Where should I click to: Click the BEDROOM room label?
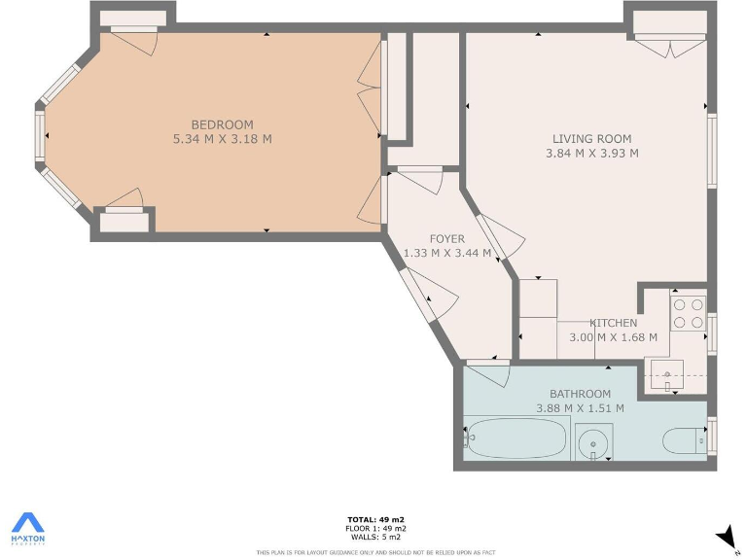point(222,124)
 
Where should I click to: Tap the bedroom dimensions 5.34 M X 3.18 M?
point(222,139)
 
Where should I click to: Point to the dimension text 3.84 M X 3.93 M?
point(591,153)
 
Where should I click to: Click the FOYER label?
point(447,239)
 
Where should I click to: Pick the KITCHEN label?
point(613,323)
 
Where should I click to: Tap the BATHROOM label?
point(580,394)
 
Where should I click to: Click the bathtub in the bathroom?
point(514,439)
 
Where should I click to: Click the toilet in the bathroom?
point(687,440)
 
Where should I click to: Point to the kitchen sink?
point(667,373)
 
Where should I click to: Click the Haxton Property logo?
point(27,528)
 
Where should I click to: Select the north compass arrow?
point(725,536)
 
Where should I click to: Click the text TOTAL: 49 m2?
point(377,519)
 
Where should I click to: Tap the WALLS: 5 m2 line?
point(377,537)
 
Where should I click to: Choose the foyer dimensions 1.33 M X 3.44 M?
point(447,254)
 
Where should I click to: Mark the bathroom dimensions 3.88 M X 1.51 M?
point(580,408)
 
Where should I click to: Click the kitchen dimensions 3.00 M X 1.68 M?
point(613,337)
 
